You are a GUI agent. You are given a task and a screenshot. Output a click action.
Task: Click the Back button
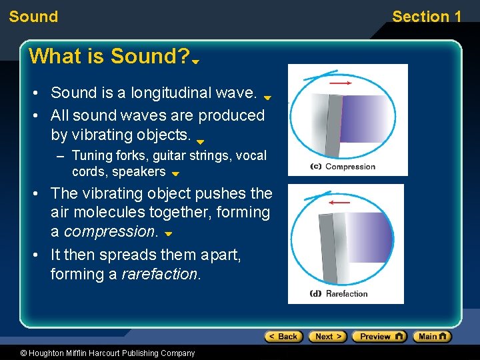click(x=283, y=337)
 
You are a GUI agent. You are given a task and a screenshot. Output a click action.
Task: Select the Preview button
click(x=379, y=337)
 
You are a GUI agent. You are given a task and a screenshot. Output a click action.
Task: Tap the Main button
click(x=431, y=337)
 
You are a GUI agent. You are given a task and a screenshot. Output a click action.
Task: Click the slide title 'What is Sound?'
click(x=110, y=57)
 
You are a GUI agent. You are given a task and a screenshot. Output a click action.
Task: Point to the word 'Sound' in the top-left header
click(x=33, y=17)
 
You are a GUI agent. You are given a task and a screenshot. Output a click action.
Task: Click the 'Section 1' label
click(x=427, y=17)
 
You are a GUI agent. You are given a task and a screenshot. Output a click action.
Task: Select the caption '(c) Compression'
click(x=343, y=167)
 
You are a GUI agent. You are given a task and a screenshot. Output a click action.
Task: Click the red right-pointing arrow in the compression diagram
click(x=341, y=83)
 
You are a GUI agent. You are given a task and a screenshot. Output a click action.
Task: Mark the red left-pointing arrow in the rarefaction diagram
click(x=339, y=201)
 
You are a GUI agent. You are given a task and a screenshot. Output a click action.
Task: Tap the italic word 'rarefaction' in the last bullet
click(x=160, y=274)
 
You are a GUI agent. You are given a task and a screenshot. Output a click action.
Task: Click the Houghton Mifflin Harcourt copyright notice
click(x=98, y=353)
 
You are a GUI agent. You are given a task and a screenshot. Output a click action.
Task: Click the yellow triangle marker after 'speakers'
click(x=175, y=174)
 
